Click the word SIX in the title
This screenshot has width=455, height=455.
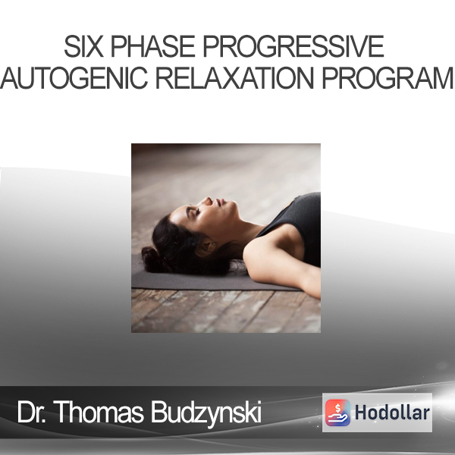83,46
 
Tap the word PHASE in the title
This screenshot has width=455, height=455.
152,46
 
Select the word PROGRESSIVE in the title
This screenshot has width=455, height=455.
293,46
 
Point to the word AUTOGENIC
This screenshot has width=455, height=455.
74,78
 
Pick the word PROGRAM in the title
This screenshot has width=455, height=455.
388,78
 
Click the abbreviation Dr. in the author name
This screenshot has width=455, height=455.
31,412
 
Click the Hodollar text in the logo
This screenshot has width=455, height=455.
392,413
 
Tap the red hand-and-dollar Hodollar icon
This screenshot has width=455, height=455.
337,413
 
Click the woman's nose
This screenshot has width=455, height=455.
208,201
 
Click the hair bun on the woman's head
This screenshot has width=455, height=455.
153,259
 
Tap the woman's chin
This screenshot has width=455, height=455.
234,208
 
